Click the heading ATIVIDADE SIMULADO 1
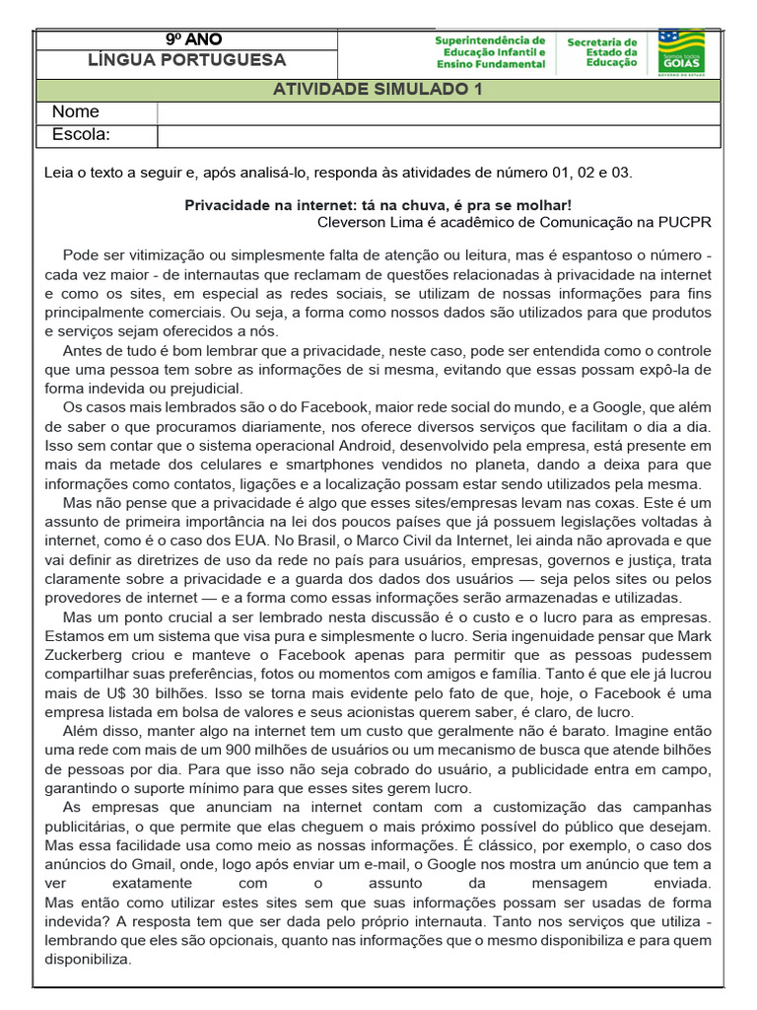point(378,90)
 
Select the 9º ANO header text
point(193,39)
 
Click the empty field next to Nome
point(439,112)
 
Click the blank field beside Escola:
point(439,134)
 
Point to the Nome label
point(76,112)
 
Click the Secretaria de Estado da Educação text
point(602,52)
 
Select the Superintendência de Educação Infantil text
point(490,52)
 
